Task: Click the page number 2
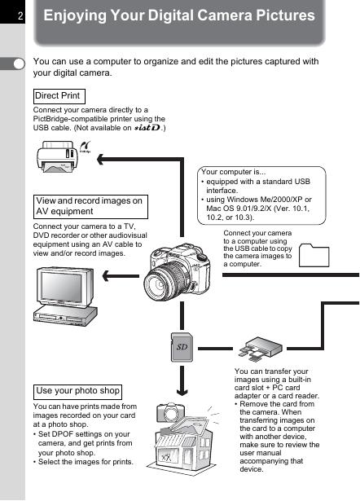[x=20, y=15]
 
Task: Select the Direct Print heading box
[x=59, y=96]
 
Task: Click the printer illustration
[x=57, y=156]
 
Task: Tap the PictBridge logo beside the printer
[x=86, y=147]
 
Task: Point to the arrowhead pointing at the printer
[x=100, y=159]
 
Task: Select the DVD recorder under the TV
[x=65, y=316]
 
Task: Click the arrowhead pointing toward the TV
[x=106, y=275]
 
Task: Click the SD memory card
[x=182, y=347]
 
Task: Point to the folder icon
[x=314, y=255]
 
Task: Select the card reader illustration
[x=261, y=349]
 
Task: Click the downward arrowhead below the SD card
[x=182, y=391]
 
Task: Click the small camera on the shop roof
[x=170, y=412]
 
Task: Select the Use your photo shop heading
[x=77, y=392]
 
